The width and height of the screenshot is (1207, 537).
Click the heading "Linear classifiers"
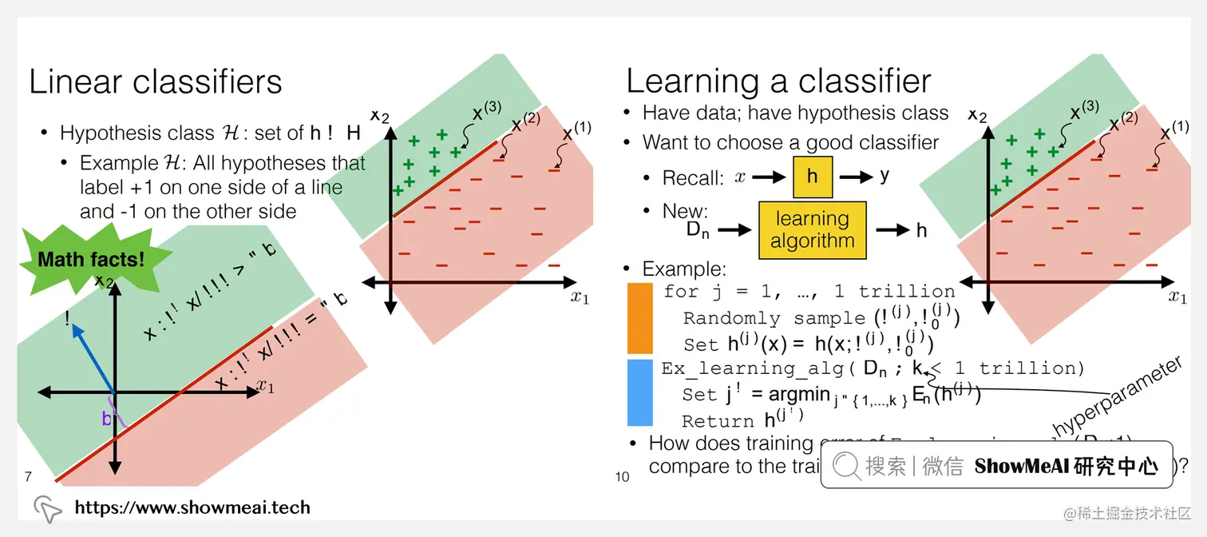coord(156,82)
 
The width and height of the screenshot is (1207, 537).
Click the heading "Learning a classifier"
coord(778,81)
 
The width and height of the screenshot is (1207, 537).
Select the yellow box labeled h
coord(812,177)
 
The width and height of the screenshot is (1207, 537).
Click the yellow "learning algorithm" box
coord(812,230)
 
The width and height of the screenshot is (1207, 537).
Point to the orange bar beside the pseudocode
coord(639,317)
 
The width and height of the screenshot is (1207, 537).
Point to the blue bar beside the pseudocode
coord(639,392)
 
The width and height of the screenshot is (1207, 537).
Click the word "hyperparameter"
coord(1117,396)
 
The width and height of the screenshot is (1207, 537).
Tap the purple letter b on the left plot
coord(107,418)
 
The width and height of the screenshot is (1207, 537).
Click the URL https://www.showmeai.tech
coord(192,507)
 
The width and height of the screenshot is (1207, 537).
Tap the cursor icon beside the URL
coord(47,508)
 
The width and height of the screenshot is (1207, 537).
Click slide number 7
coord(28,477)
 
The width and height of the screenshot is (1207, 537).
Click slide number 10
coord(623,477)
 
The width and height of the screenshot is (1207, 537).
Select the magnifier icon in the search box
coord(847,465)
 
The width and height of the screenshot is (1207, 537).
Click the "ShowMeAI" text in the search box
coord(1020,466)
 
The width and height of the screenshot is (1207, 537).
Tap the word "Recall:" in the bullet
coord(693,177)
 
